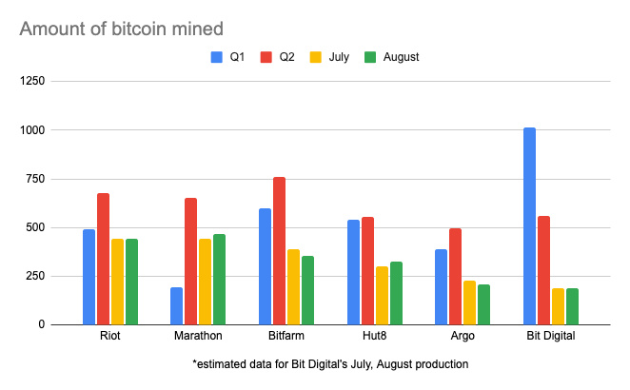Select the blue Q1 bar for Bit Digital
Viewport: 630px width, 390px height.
[x=529, y=226]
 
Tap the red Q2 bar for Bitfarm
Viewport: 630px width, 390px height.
[x=279, y=251]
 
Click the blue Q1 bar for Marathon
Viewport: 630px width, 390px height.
[x=176, y=305]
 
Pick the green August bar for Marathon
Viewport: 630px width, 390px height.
[x=219, y=280]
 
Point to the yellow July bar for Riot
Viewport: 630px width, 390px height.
[x=117, y=282]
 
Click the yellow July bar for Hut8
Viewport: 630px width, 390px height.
[x=382, y=296]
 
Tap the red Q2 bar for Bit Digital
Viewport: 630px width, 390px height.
[x=543, y=270]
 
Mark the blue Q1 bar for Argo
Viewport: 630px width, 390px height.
[x=441, y=287]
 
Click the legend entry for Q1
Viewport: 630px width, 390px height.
[x=228, y=57]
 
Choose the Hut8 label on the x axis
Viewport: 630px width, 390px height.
[x=374, y=336]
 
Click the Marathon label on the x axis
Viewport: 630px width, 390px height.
[x=198, y=336]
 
